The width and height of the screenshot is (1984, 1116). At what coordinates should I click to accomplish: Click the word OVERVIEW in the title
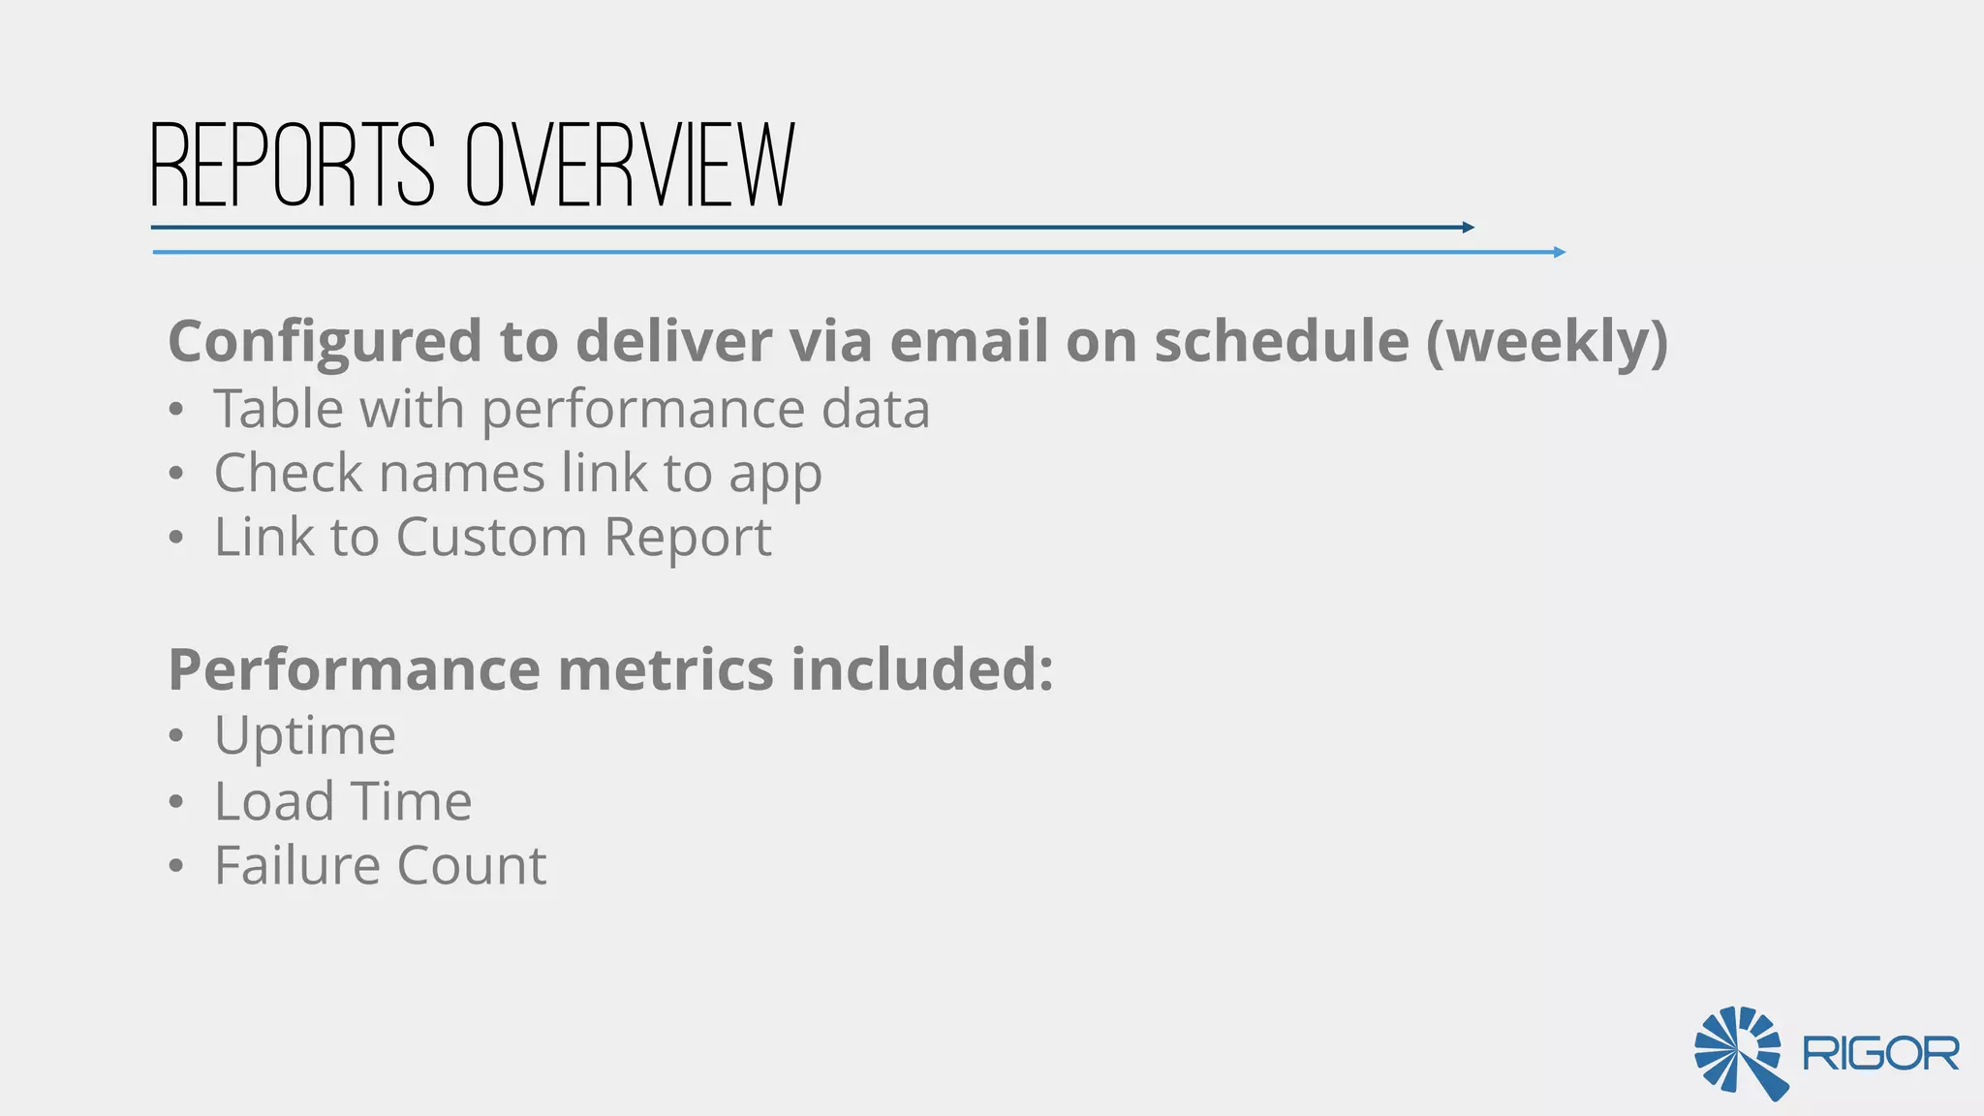click(x=630, y=166)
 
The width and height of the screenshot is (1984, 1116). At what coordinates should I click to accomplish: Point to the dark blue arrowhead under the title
click(x=1469, y=228)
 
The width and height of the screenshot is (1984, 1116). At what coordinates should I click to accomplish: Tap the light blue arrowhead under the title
click(x=1560, y=252)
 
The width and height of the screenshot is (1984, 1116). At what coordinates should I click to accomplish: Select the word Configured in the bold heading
click(x=325, y=343)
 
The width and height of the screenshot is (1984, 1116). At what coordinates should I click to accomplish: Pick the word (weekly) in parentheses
click(x=1547, y=343)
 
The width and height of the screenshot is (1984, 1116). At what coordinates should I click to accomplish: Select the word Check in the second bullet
click(x=288, y=474)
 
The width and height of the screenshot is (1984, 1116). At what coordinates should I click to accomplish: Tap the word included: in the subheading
click(x=922, y=669)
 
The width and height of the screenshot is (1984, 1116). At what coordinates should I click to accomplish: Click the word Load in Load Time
click(x=274, y=802)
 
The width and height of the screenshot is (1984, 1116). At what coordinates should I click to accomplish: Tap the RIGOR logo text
click(x=1880, y=1054)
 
